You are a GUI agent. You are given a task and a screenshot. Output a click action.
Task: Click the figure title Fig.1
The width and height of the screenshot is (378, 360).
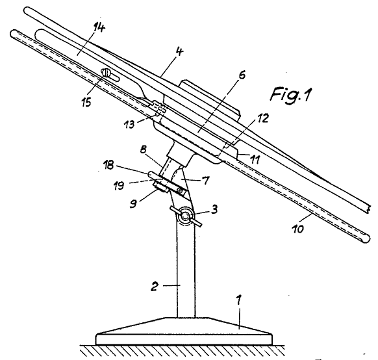291,94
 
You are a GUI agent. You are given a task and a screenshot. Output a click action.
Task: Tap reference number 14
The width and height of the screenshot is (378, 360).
99,29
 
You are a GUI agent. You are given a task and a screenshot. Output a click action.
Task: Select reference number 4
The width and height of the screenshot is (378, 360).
180,52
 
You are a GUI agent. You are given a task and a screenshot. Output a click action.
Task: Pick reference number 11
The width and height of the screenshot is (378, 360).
255,160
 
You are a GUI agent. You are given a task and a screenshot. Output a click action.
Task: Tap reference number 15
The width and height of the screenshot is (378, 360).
86,102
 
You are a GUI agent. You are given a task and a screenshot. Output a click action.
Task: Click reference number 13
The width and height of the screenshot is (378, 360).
129,124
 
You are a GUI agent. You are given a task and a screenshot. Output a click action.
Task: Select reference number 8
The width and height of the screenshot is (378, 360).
143,149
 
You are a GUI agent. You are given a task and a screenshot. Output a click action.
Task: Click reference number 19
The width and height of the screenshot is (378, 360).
119,186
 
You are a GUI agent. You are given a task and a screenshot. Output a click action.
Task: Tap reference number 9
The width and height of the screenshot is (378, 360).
133,203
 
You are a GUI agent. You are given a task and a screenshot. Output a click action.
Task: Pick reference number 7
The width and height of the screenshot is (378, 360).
206,181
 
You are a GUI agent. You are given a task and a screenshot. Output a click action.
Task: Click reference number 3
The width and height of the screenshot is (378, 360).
214,209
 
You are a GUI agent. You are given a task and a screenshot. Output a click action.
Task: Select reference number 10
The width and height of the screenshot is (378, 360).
298,229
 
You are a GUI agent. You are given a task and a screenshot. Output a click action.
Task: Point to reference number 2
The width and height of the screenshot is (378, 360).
155,287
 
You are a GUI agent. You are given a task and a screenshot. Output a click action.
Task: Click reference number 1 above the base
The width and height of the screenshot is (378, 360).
238,301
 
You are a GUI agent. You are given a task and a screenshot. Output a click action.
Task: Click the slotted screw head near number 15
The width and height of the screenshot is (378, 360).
106,72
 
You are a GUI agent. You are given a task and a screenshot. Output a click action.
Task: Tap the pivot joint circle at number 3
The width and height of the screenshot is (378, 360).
185,216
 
